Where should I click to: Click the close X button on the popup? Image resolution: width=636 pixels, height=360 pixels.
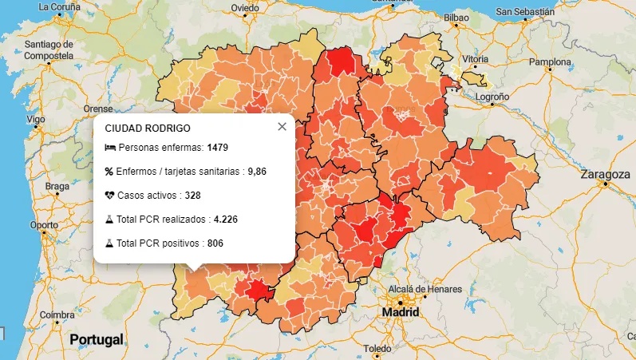[x=281, y=127]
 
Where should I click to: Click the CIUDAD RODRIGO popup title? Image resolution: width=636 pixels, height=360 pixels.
[x=148, y=128]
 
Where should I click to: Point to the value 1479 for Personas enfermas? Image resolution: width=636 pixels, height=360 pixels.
[x=218, y=148]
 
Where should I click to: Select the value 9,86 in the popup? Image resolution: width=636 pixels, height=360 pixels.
[x=257, y=172]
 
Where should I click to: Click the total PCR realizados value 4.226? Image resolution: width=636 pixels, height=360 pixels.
[x=226, y=220]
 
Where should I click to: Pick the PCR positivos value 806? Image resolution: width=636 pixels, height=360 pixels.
[x=215, y=243]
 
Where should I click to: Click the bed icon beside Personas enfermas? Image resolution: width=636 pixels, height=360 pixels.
[x=109, y=148]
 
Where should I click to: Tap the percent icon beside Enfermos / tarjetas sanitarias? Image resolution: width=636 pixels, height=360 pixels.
[x=109, y=172]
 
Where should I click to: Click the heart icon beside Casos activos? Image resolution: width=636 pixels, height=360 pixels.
[x=109, y=196]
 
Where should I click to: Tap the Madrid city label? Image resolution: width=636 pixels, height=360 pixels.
[x=401, y=312]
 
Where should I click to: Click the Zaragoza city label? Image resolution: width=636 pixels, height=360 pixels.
[x=606, y=174]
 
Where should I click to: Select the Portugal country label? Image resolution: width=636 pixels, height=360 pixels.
[x=97, y=339]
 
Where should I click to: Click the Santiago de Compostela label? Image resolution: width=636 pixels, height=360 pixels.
[x=49, y=49]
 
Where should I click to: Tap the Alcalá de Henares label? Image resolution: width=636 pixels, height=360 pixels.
[x=425, y=288]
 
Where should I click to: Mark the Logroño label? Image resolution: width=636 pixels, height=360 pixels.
[x=492, y=96]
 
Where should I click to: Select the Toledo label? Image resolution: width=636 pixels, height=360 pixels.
[x=377, y=349]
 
